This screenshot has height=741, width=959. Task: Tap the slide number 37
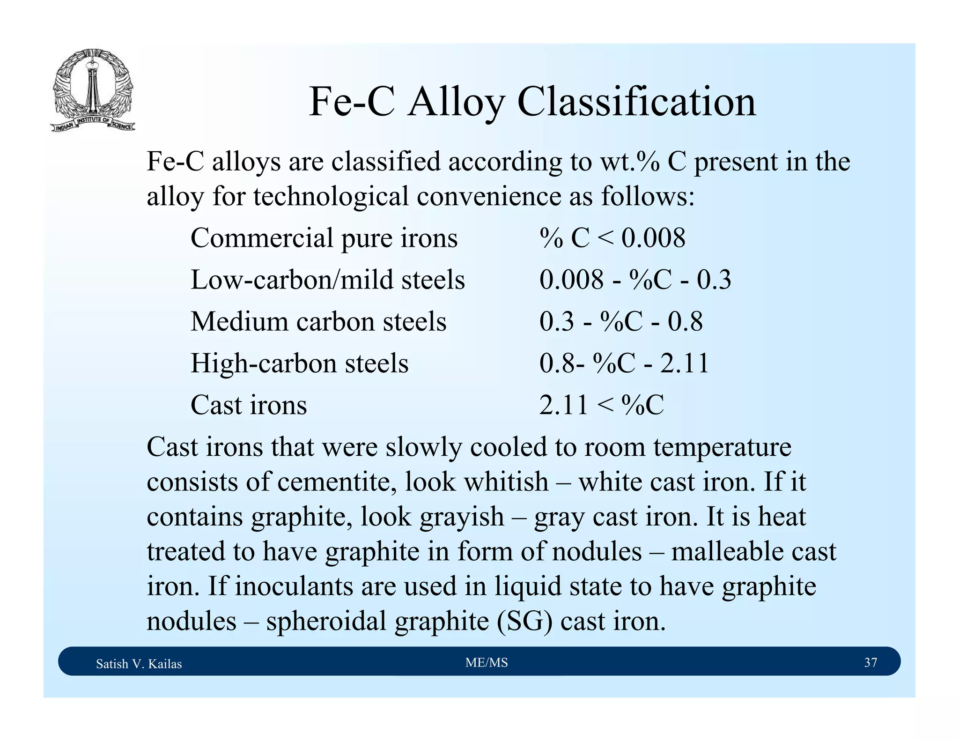(x=870, y=662)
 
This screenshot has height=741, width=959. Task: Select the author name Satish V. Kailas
(x=139, y=664)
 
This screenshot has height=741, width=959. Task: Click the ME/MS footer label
(x=487, y=662)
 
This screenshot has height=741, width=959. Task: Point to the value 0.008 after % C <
(x=653, y=237)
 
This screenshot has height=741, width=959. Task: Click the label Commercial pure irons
(x=324, y=238)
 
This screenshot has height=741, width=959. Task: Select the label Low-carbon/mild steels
(x=327, y=280)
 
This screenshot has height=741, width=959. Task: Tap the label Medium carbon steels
(x=318, y=321)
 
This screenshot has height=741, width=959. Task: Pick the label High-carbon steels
(x=299, y=363)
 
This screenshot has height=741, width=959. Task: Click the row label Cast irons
(x=249, y=405)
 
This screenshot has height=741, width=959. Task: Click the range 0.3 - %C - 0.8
(x=620, y=321)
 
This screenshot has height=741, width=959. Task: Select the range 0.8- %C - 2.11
(x=624, y=363)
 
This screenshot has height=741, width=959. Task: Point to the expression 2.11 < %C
(x=601, y=405)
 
